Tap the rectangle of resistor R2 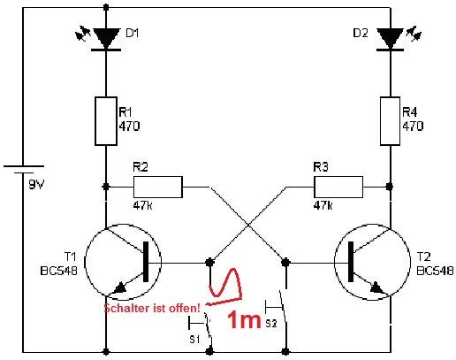point(157,187)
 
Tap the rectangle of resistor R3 point(337,187)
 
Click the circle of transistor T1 point(118,262)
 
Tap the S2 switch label point(270,324)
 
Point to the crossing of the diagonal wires point(247,224)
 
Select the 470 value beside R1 point(129,126)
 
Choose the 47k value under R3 point(323,205)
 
